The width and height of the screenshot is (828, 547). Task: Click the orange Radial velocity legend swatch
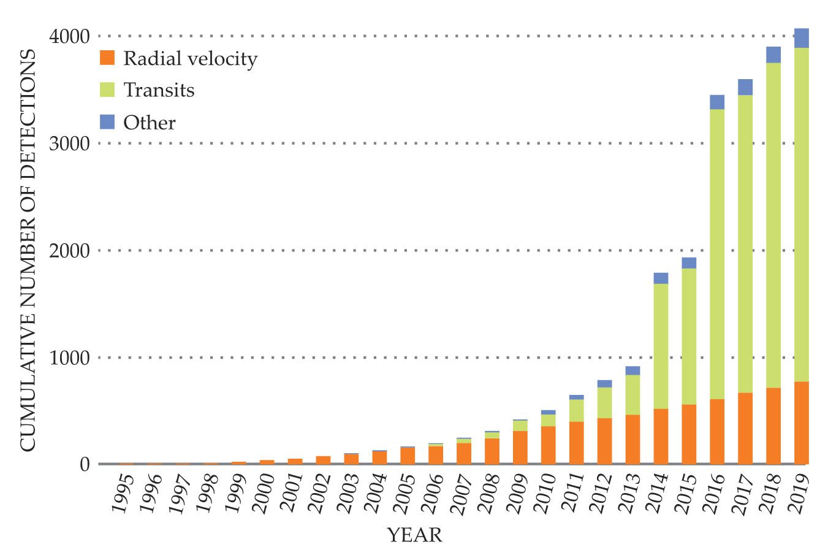click(x=107, y=58)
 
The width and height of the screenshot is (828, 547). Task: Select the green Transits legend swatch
click(x=107, y=90)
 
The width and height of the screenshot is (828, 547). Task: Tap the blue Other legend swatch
click(x=107, y=121)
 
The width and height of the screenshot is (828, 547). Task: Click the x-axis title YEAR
click(x=414, y=535)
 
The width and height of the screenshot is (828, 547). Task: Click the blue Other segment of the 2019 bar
click(x=801, y=38)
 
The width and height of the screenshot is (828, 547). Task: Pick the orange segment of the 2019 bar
click(x=801, y=423)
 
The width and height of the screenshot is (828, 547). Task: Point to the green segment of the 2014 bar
click(x=661, y=346)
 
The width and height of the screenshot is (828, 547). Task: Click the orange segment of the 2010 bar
click(x=548, y=445)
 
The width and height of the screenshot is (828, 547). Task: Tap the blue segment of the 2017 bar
click(x=745, y=87)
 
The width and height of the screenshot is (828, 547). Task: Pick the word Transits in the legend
click(x=159, y=90)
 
